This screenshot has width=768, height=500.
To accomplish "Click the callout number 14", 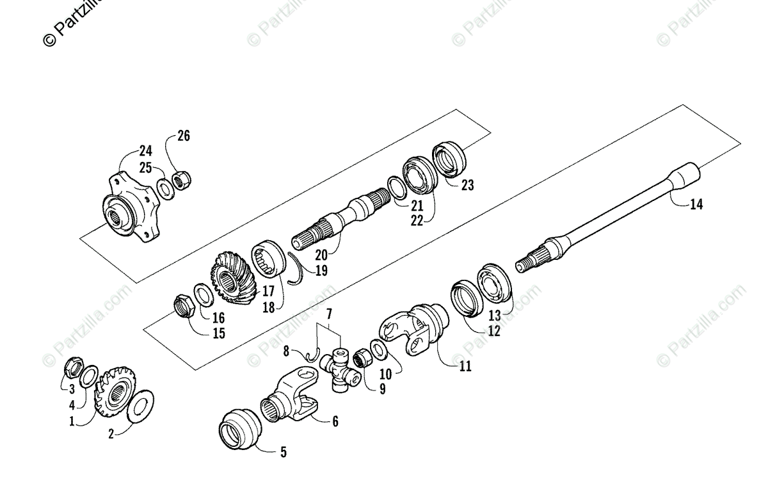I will coord(696,205).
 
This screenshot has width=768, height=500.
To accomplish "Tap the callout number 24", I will coord(145,152).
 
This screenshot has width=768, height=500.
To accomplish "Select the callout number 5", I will coord(283,453).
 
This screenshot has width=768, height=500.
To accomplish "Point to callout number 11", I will coord(465,366).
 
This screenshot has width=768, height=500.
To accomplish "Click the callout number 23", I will coord(467,185).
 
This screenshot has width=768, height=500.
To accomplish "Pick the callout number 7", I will coord(329,314).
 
